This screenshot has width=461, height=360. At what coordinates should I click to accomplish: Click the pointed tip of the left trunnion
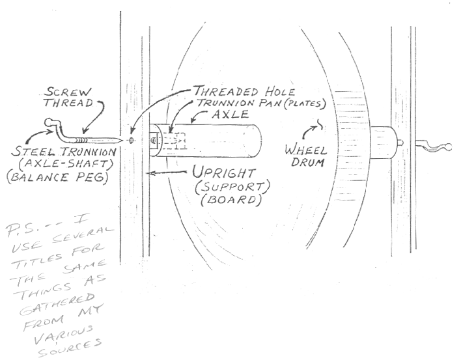pos(120,141)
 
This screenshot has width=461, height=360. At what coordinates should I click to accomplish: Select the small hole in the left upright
pos(132,140)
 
